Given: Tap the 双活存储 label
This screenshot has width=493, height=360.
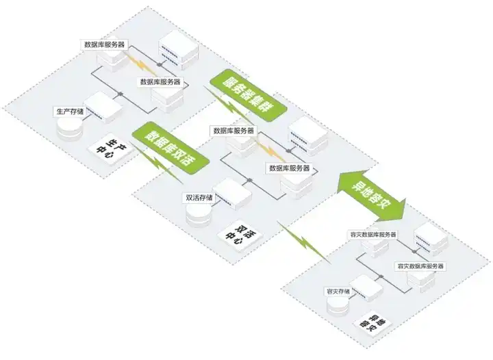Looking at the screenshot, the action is pos(199,198).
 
